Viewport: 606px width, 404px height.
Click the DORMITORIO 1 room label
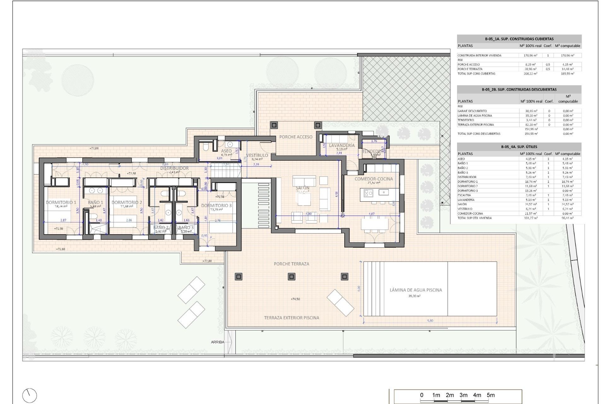click(61, 202)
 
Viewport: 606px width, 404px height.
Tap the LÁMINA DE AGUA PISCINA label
click(416, 290)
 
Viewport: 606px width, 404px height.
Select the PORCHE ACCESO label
click(296, 137)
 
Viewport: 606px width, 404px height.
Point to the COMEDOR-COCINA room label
click(374, 179)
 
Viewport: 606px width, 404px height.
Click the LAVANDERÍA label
click(342, 145)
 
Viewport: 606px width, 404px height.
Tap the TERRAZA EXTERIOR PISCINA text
click(291, 318)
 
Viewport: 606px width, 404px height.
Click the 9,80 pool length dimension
click(430, 321)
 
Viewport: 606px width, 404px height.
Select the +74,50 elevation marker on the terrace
click(295, 299)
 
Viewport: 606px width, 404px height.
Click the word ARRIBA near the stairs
click(217, 342)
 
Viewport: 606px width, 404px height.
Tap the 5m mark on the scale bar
click(490, 395)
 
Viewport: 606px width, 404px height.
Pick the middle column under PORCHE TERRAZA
click(291, 277)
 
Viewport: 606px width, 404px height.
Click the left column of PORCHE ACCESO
click(274, 125)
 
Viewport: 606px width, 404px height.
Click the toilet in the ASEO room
click(205, 147)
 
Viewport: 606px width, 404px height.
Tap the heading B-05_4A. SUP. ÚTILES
click(519, 147)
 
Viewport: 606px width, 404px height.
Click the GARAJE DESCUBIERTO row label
click(472, 111)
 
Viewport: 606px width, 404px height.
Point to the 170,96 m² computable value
click(567, 56)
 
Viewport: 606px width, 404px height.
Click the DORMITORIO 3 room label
click(216, 205)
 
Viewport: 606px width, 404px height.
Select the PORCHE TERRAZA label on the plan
click(291, 264)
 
